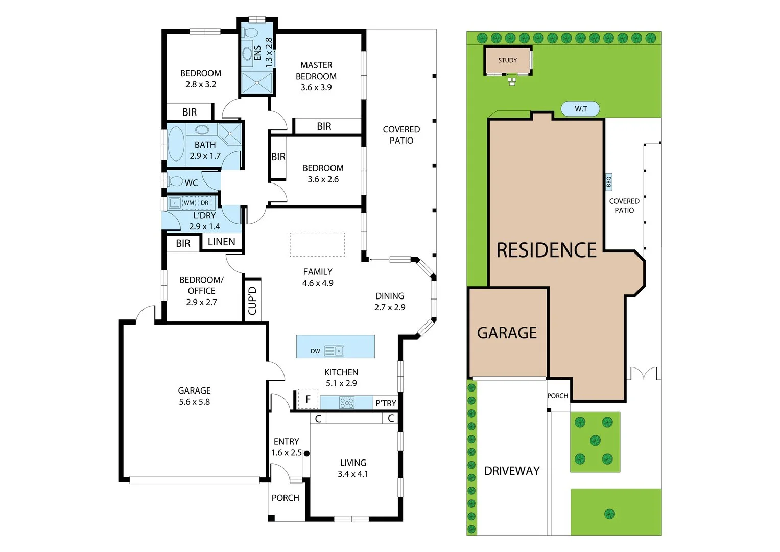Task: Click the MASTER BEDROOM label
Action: (x=316, y=71)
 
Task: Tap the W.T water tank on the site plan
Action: (x=580, y=109)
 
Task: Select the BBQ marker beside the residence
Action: (x=609, y=181)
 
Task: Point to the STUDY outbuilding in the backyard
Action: (x=508, y=60)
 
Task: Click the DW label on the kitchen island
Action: (x=315, y=351)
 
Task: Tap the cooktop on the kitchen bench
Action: (x=347, y=403)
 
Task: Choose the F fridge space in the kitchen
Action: (x=308, y=399)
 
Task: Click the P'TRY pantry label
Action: (x=386, y=403)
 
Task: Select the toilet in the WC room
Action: (x=175, y=181)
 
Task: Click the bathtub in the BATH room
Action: (x=176, y=144)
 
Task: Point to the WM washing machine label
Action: (x=189, y=203)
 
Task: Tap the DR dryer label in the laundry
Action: (x=204, y=203)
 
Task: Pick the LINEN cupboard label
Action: (x=222, y=241)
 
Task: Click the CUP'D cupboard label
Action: (x=252, y=301)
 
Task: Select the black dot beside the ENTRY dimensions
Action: (x=306, y=453)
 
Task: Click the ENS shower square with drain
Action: (x=257, y=83)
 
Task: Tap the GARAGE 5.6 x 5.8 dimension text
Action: (x=194, y=402)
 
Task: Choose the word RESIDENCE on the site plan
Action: (x=547, y=250)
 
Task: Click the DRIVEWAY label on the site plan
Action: (x=512, y=471)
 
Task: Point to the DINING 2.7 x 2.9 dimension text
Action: (x=390, y=307)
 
